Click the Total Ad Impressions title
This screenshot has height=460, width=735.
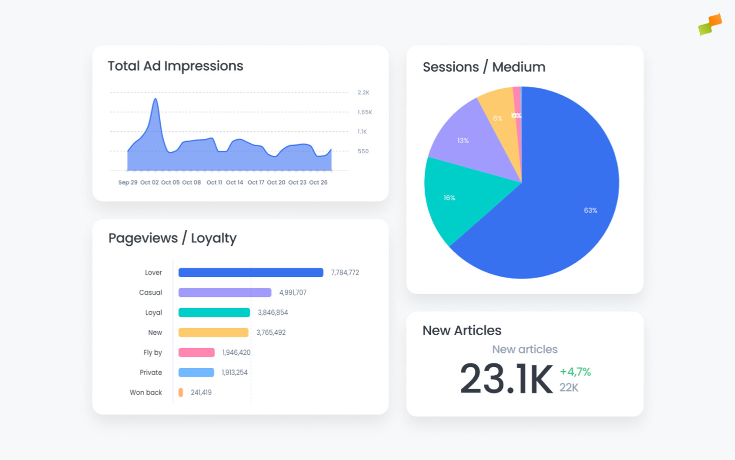click(175, 66)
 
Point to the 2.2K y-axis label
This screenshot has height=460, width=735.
click(363, 93)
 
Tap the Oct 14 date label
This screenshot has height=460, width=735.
click(234, 182)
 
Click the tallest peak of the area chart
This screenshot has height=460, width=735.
click(155, 100)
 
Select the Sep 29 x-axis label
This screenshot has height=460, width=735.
click(128, 182)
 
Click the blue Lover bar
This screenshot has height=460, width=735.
click(251, 272)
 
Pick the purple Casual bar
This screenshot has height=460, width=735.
click(225, 292)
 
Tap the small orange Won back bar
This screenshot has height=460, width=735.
click(181, 393)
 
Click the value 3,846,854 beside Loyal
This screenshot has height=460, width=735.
click(273, 312)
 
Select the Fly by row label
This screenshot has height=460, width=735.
click(153, 353)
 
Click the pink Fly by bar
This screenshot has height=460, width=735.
click(197, 353)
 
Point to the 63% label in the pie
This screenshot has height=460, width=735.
click(591, 210)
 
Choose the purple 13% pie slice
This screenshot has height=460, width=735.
click(470, 141)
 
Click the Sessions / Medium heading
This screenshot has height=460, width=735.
click(484, 67)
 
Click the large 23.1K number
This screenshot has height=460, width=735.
click(506, 379)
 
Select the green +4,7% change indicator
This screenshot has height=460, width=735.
click(575, 372)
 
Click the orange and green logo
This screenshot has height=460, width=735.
click(710, 25)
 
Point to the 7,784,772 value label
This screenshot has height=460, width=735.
click(345, 272)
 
